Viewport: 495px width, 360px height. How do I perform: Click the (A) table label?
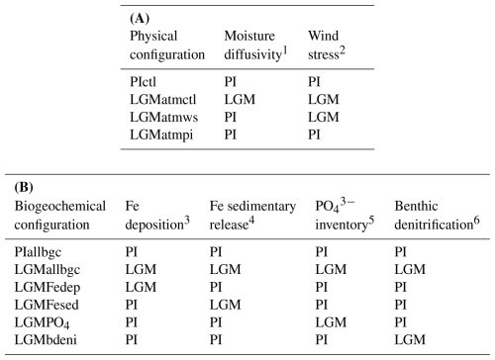(x=140, y=19)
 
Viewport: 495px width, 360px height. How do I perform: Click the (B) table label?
(x=24, y=188)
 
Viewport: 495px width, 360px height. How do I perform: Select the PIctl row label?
(x=143, y=82)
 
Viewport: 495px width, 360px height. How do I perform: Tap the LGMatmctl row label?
(x=162, y=99)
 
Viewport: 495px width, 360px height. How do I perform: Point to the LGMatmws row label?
(x=163, y=117)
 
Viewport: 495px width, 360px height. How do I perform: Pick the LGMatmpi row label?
(x=161, y=135)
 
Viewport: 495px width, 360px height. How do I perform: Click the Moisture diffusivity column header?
(x=255, y=45)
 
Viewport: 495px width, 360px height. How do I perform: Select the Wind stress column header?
(x=327, y=45)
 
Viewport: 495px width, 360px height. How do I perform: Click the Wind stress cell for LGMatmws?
(x=324, y=117)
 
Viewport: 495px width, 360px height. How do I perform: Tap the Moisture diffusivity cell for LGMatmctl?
(x=240, y=99)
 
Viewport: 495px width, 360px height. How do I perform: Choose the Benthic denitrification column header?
(x=437, y=216)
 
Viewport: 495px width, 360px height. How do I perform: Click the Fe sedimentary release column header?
(x=252, y=216)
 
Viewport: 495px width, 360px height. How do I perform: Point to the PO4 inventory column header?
(x=345, y=215)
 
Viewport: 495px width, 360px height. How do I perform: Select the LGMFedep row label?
(x=48, y=287)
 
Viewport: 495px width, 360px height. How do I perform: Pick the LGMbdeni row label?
(x=46, y=339)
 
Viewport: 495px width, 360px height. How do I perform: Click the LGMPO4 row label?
(x=42, y=322)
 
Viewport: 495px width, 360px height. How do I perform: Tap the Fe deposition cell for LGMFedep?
(x=141, y=287)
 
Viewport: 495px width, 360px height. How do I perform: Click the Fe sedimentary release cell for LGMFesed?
(x=225, y=305)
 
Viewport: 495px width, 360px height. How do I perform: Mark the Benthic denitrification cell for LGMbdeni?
(x=410, y=339)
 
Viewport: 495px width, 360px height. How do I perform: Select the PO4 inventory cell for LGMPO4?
(x=331, y=322)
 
